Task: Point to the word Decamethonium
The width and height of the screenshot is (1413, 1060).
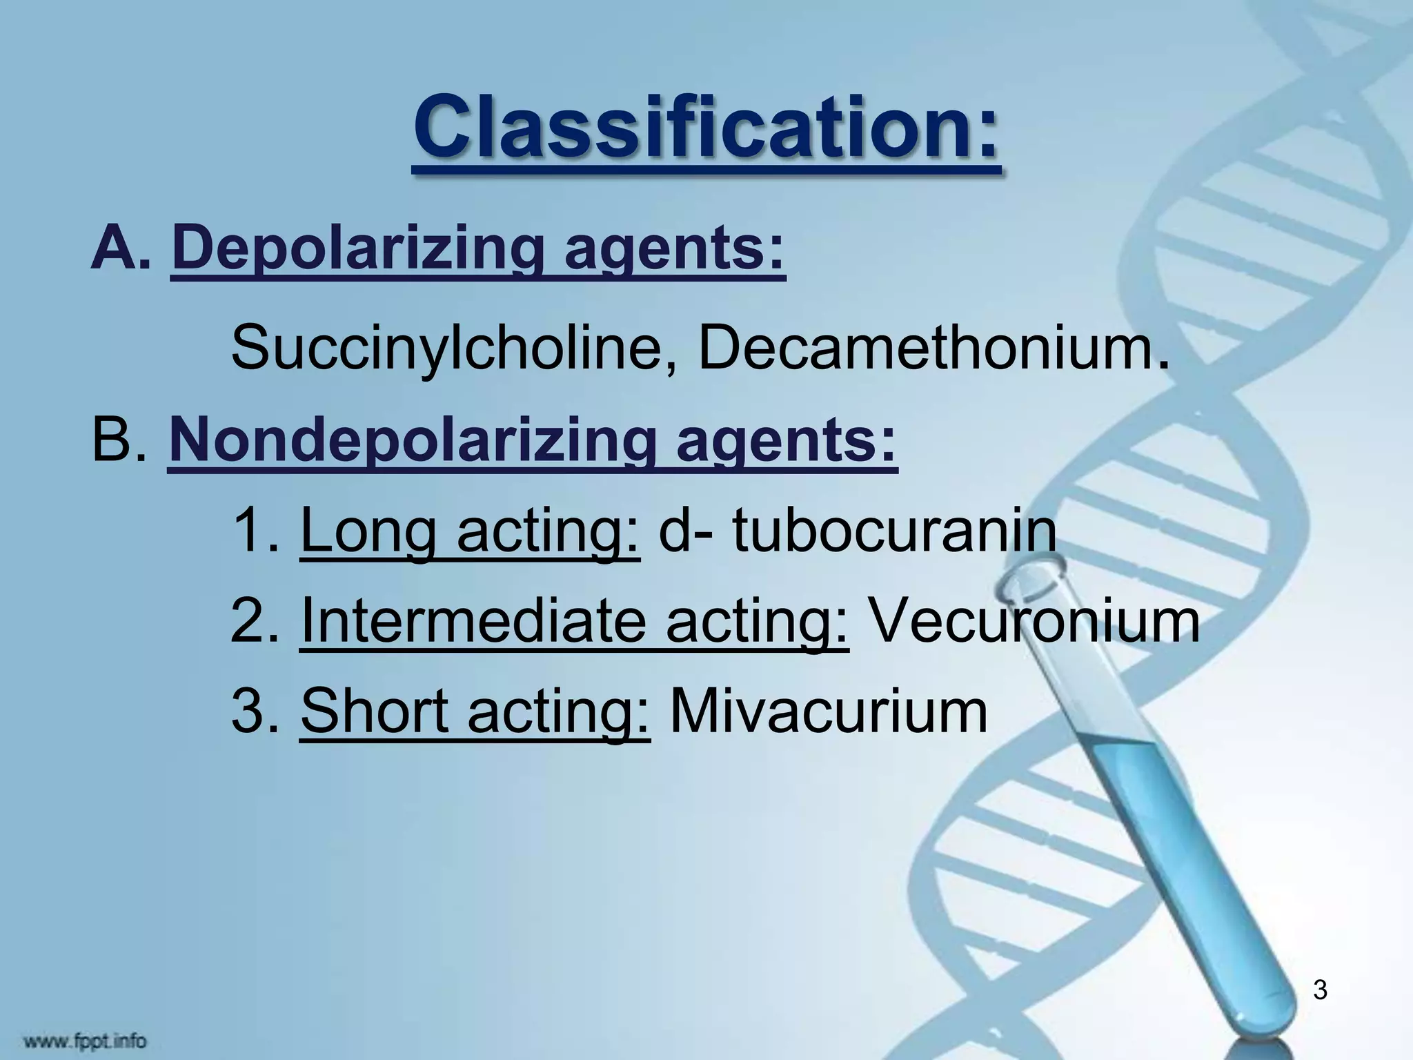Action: (925, 348)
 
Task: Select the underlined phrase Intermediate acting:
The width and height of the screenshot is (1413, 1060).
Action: (574, 621)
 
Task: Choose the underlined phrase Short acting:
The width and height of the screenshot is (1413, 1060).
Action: (475, 711)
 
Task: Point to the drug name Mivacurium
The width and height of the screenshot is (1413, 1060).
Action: (829, 711)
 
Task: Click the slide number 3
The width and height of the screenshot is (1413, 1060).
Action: (1319, 990)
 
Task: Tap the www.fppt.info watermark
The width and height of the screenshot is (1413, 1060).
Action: (86, 1039)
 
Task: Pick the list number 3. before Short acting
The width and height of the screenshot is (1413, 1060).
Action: (255, 711)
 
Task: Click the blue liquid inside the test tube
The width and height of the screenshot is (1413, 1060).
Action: (1187, 863)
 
